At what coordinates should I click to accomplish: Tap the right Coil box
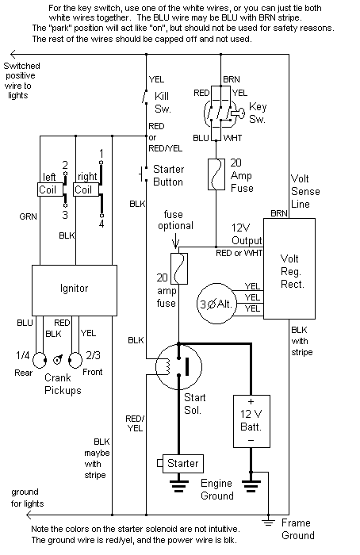pos(84,190)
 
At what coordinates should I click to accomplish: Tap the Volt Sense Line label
pos(304,190)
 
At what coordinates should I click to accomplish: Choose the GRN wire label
pos(28,215)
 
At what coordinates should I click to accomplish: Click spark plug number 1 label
pos(101,153)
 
